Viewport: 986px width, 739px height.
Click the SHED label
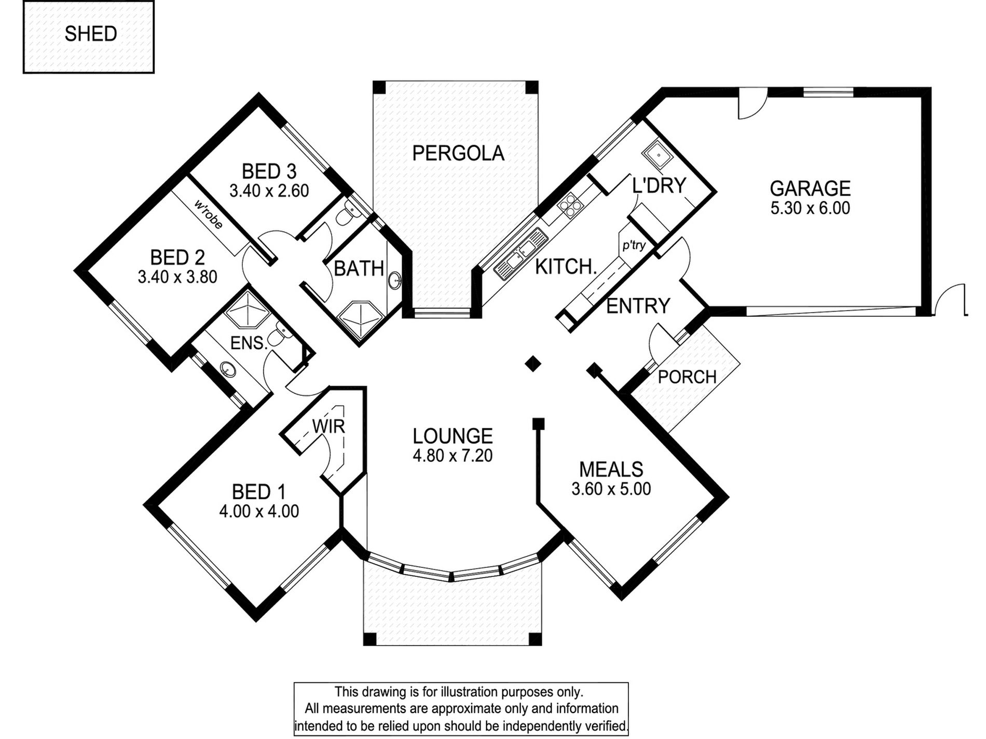point(91,34)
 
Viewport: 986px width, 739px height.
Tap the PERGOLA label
point(458,154)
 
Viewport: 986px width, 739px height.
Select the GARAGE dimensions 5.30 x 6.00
point(810,208)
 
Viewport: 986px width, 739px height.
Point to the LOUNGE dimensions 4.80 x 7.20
point(453,456)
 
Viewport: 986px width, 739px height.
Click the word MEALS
point(611,470)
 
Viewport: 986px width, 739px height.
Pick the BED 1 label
point(258,492)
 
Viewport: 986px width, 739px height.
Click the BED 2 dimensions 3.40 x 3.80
point(177,277)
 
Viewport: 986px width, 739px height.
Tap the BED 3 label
point(269,172)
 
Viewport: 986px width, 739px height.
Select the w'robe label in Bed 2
point(209,214)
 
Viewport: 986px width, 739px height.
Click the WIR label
point(328,426)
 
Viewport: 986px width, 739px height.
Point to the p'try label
point(634,245)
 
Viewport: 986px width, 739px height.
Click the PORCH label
point(687,377)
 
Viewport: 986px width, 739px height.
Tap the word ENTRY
point(638,306)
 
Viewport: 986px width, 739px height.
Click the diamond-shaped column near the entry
point(533,363)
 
